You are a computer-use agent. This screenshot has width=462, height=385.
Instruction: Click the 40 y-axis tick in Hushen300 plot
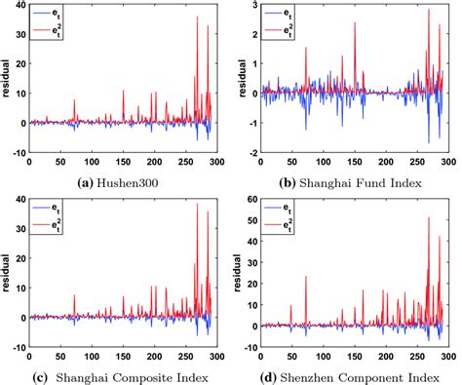click(19, 9)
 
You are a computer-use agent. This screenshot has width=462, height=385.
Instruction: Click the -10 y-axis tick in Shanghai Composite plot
click(16, 346)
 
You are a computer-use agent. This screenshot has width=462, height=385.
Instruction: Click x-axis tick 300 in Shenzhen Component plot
click(447, 355)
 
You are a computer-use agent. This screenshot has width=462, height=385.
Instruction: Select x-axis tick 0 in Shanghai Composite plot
click(29, 355)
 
